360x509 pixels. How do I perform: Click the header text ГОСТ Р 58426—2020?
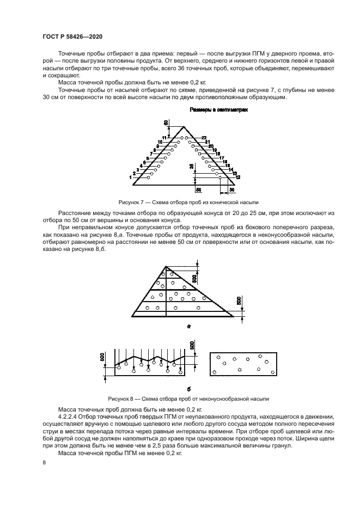tap(72, 36)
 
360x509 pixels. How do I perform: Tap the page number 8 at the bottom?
tap(44, 463)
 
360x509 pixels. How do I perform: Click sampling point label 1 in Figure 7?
tap(131, 177)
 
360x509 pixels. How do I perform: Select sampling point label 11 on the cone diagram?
tap(164, 137)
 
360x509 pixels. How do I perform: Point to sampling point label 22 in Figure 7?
tap(204, 137)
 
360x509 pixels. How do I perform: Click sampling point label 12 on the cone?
tap(238, 177)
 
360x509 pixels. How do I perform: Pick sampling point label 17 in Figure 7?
tap(222, 157)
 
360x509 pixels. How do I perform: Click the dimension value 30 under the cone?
tap(231, 190)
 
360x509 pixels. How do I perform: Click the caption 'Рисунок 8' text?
tap(124, 398)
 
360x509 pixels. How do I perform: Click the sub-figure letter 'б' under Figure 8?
tap(188, 389)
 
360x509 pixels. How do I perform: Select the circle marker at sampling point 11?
tap(182, 138)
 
